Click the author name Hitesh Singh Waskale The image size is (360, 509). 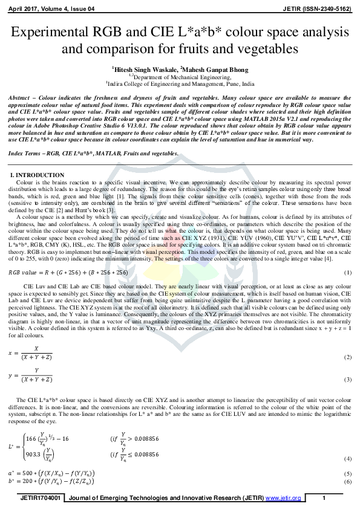142,70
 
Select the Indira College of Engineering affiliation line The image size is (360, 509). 180,84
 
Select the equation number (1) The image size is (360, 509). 348,256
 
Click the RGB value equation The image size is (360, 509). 57,256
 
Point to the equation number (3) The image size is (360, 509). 348,380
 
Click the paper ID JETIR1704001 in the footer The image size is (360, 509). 41,498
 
